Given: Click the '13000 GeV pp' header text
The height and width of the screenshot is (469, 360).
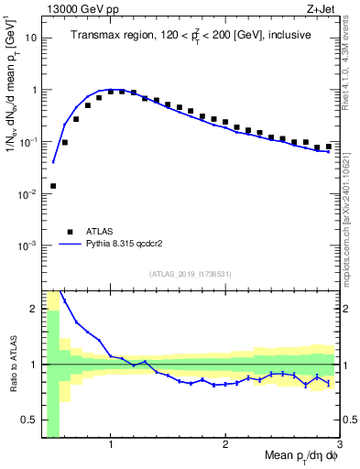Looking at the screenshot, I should pyautogui.click(x=78, y=8).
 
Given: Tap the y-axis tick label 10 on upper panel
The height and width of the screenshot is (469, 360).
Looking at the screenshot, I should pyautogui.click(x=31, y=38).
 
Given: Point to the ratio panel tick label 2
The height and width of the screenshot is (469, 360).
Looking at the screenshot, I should pyautogui.click(x=34, y=309).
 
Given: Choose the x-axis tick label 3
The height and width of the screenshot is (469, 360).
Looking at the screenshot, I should pyautogui.click(x=338, y=445).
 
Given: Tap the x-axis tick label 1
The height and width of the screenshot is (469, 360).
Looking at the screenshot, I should pyautogui.click(x=111, y=445).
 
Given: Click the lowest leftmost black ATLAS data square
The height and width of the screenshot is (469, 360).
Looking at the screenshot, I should pyautogui.click(x=53, y=186).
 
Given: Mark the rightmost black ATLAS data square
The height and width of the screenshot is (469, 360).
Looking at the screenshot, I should pyautogui.click(x=329, y=147).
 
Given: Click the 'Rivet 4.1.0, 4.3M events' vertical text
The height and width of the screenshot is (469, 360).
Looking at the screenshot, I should pyautogui.click(x=351, y=64).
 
